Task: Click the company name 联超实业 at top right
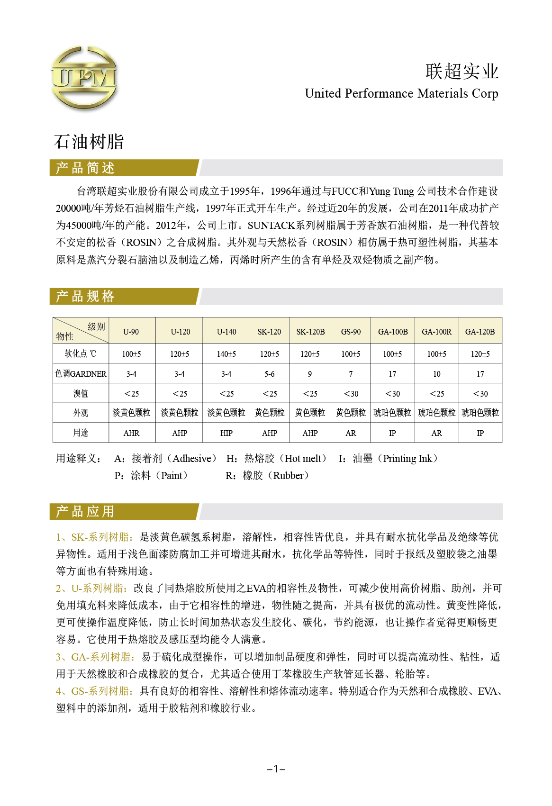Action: [x=462, y=72]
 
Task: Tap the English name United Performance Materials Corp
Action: [x=401, y=93]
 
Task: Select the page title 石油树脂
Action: [x=89, y=142]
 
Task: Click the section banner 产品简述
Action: [x=85, y=168]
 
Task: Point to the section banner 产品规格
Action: [x=85, y=297]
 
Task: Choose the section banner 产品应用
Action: [x=85, y=512]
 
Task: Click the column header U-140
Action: [x=226, y=332]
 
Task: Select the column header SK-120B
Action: [x=310, y=332]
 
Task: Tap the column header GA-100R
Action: [x=436, y=332]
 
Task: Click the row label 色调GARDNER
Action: [x=81, y=374]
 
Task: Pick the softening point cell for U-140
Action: [x=226, y=354]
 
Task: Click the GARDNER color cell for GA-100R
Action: [x=436, y=374]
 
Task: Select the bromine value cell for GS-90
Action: [x=351, y=394]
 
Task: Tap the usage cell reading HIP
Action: [x=226, y=433]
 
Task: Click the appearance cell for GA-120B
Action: [x=480, y=413]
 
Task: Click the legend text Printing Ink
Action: [x=407, y=459]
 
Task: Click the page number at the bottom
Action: [x=276, y=769]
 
